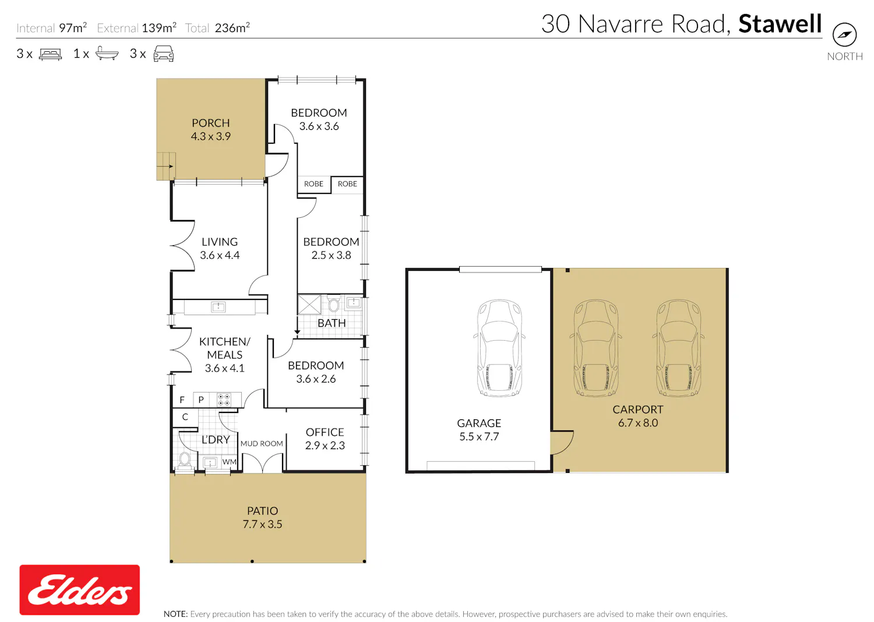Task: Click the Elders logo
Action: [x=80, y=589]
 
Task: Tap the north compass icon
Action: [x=844, y=34]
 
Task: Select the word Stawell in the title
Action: [x=780, y=24]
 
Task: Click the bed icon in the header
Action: [x=50, y=54]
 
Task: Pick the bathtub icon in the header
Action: [x=107, y=54]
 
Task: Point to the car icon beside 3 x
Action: [x=164, y=54]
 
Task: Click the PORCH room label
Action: [x=211, y=123]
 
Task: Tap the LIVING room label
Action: [x=220, y=242]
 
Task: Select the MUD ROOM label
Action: [x=262, y=443]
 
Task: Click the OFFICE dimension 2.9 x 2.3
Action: [x=325, y=446]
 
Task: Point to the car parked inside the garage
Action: [x=499, y=348]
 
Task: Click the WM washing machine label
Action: [x=229, y=462]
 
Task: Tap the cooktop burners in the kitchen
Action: [x=224, y=400]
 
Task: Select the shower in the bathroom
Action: [x=309, y=305]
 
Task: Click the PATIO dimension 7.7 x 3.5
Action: [x=262, y=524]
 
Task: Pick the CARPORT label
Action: [x=637, y=409]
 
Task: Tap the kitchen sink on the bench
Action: [x=218, y=307]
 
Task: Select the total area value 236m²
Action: [x=232, y=28]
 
